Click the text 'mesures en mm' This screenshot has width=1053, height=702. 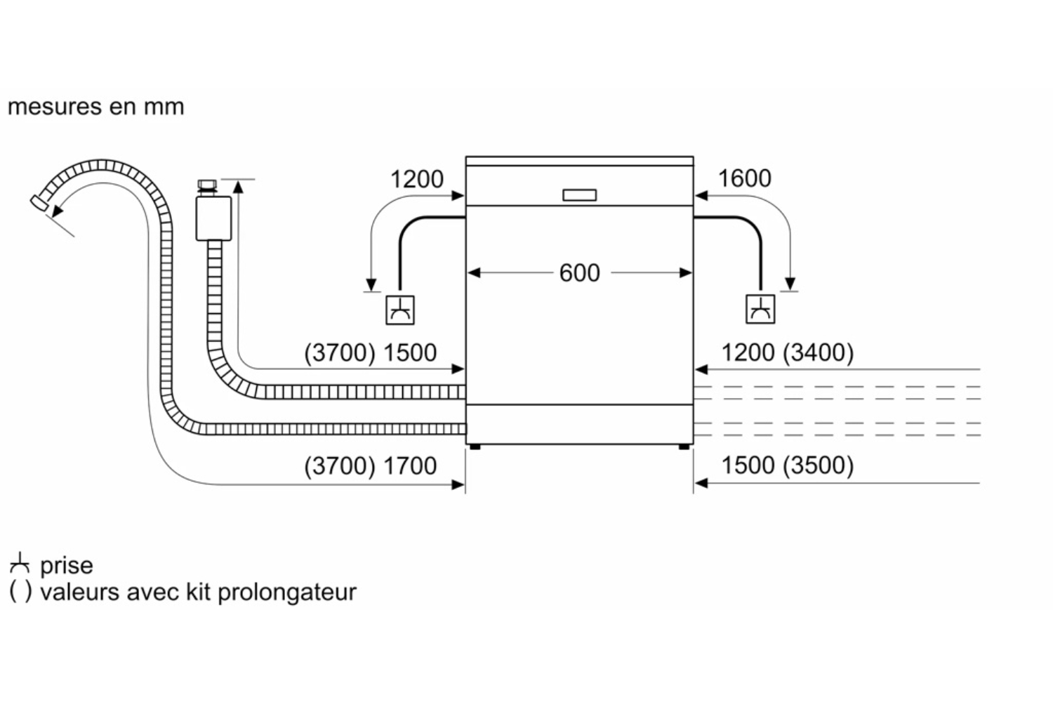click(x=95, y=107)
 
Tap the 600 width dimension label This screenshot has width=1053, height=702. click(x=579, y=272)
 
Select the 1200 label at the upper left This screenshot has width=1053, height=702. click(x=416, y=179)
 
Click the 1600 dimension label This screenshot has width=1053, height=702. click(x=744, y=178)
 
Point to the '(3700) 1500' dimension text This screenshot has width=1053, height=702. click(x=370, y=352)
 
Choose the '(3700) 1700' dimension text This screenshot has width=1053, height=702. click(x=370, y=465)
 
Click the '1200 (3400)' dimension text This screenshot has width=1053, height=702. click(x=787, y=352)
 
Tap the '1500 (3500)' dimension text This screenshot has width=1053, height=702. click(x=787, y=465)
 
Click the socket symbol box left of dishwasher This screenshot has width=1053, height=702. click(x=400, y=310)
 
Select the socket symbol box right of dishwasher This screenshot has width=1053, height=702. click(x=760, y=309)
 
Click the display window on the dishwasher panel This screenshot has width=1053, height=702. click(x=579, y=194)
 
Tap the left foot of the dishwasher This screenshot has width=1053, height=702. click(x=475, y=446)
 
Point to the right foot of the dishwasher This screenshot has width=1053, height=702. click(x=684, y=446)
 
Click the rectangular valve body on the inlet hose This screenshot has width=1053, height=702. click(x=213, y=218)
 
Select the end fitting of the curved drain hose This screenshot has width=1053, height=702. click(x=39, y=202)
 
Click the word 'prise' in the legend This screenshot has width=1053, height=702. click(x=66, y=565)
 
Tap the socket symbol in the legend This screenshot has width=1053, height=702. click(x=20, y=563)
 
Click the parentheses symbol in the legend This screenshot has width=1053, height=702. click(x=20, y=591)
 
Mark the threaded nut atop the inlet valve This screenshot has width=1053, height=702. click(x=206, y=185)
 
